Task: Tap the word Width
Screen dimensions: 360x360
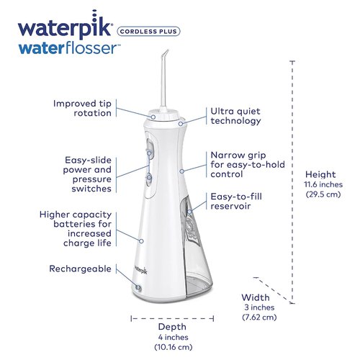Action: pyautogui.click(x=255, y=297)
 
